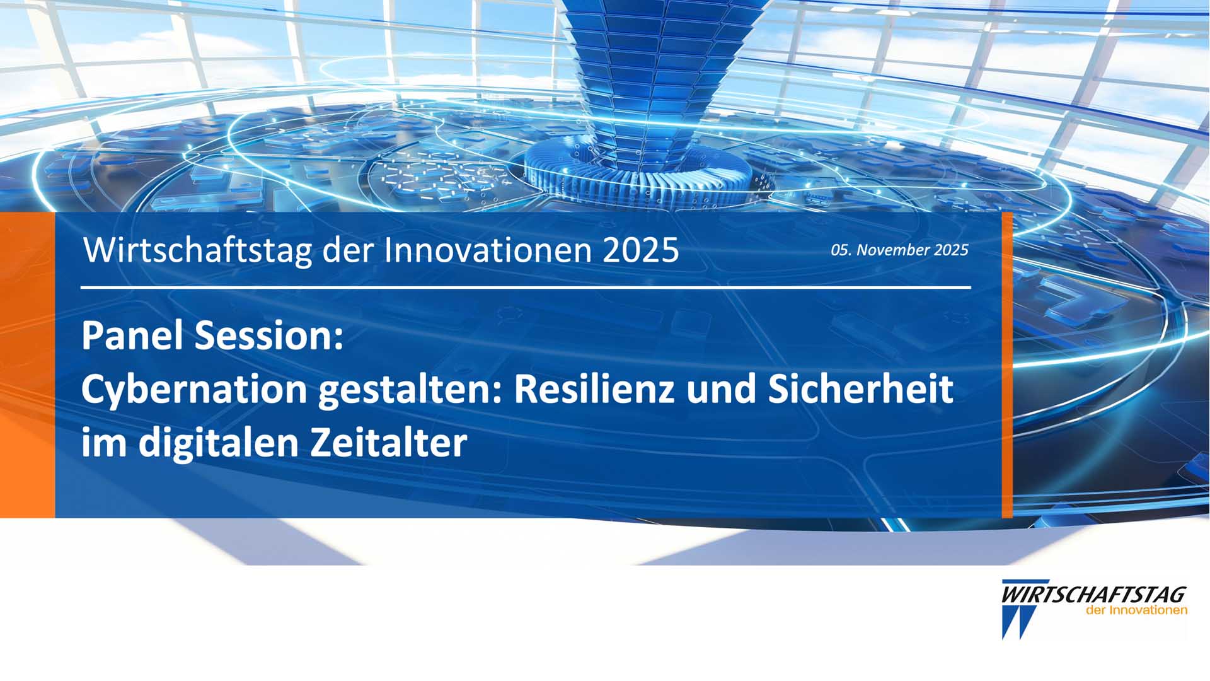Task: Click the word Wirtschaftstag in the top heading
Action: (x=199, y=250)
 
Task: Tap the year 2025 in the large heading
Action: (x=641, y=250)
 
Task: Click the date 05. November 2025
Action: (x=899, y=250)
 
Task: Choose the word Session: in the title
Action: (x=269, y=335)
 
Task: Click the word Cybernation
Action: (x=194, y=390)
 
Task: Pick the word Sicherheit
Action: (x=860, y=388)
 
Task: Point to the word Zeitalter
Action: (x=388, y=442)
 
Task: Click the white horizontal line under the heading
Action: (x=526, y=288)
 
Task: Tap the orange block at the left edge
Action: (x=28, y=365)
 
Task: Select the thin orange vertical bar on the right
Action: (x=1007, y=365)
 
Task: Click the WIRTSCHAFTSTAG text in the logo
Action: (x=1093, y=595)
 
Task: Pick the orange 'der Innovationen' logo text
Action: (x=1136, y=610)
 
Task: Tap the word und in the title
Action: (x=722, y=388)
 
